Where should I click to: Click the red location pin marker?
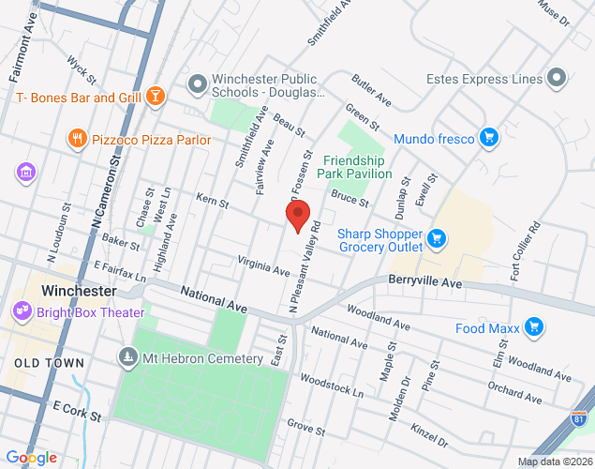tap(298, 216)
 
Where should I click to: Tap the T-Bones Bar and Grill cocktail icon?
tap(156, 97)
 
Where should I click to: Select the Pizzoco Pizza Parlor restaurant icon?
tap(78, 139)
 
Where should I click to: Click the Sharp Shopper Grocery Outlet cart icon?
tap(436, 240)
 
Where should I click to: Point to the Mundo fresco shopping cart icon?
tap(487, 139)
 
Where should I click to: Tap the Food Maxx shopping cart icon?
tap(534, 326)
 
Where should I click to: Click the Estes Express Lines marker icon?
tap(558, 79)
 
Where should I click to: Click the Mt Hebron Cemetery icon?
tap(128, 357)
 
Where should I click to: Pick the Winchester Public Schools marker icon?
tap(198, 86)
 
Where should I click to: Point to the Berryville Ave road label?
tap(425, 281)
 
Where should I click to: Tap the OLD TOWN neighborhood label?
tap(50, 362)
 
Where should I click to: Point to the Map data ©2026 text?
tap(554, 461)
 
